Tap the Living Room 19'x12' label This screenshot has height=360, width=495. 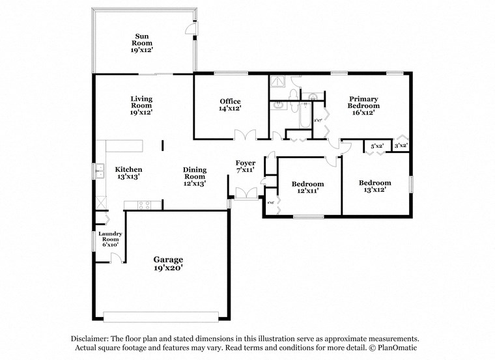coord(141,105)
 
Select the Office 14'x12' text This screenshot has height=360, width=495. coord(230,105)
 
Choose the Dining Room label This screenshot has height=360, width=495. coord(194,176)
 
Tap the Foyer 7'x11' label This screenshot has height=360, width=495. coord(245,166)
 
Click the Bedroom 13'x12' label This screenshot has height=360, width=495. coord(375,187)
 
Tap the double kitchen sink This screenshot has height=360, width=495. coord(101,173)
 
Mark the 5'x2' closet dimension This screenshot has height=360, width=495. coord(377,146)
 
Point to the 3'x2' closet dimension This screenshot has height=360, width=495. coord(401,146)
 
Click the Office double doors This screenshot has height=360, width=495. coord(245,135)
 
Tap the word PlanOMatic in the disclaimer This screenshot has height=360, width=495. coord(394,348)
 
